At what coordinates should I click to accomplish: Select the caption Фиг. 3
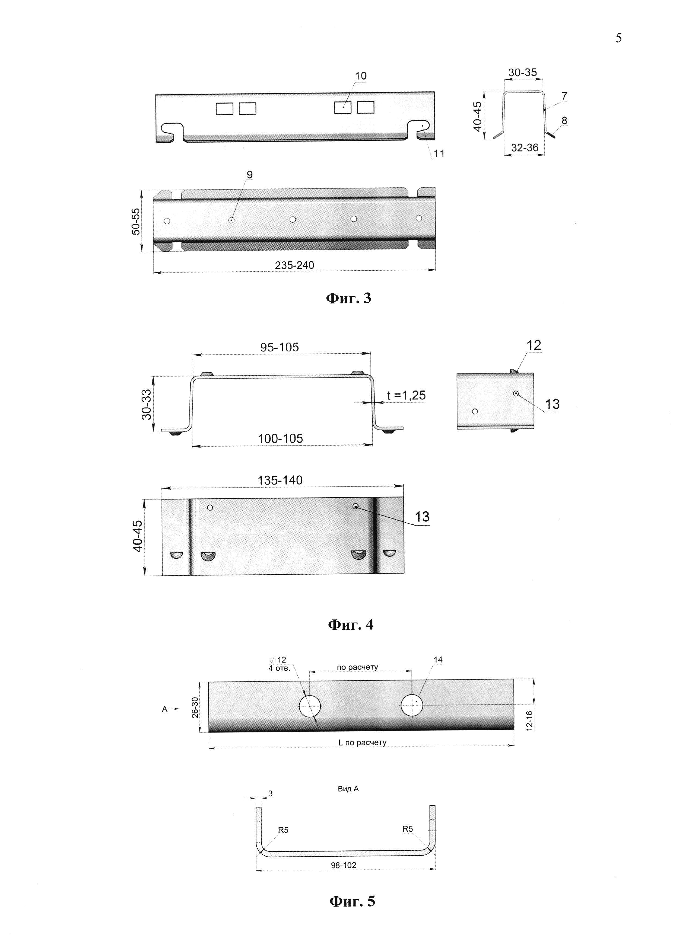(348, 299)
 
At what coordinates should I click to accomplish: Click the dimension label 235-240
(294, 265)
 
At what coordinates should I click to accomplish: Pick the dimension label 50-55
(136, 221)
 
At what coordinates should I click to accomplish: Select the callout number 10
(361, 76)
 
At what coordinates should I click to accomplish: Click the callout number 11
(439, 154)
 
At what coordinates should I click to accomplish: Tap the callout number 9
(249, 175)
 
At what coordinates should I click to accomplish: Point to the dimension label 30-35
(523, 72)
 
